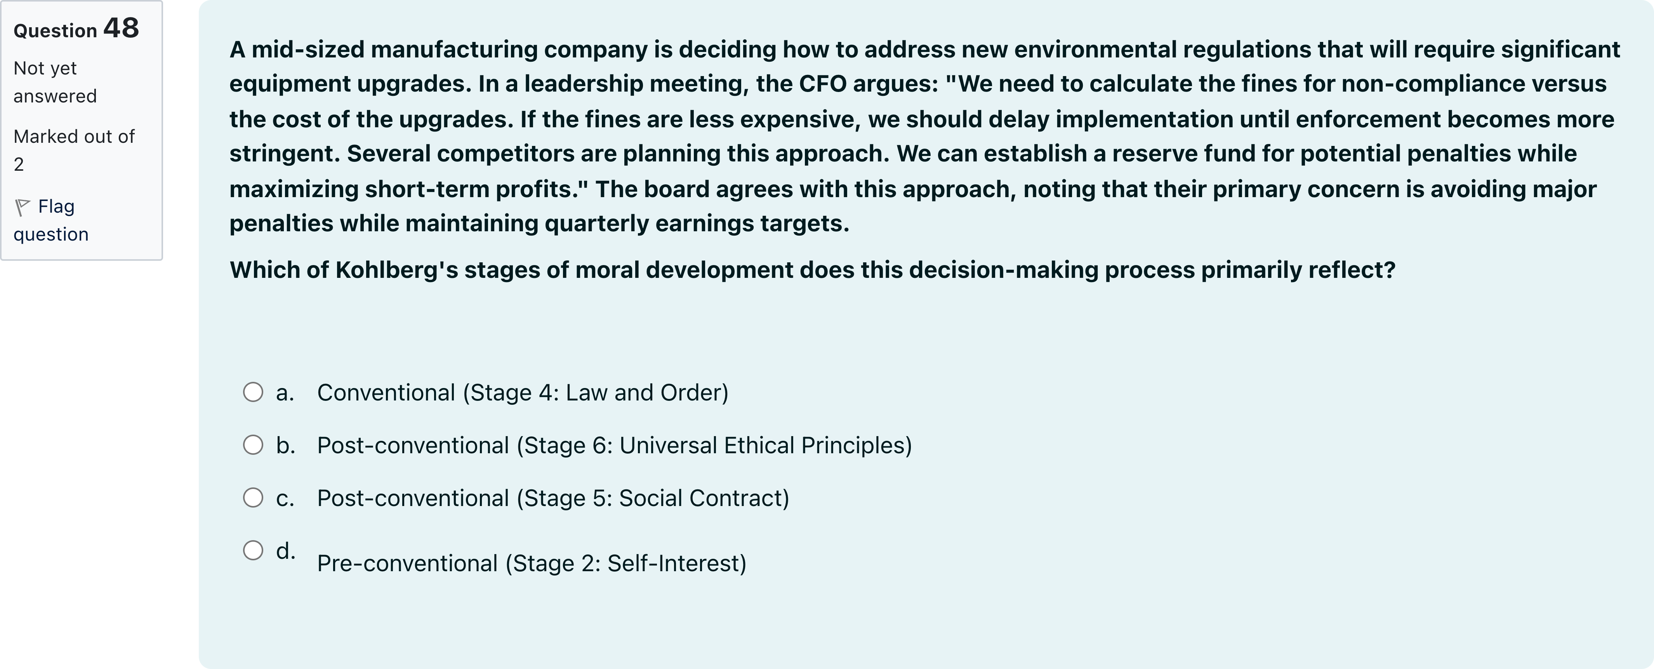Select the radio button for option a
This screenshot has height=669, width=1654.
pyautogui.click(x=253, y=392)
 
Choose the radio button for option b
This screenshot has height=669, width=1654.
pyautogui.click(x=253, y=445)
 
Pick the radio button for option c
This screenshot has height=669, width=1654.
pyautogui.click(x=253, y=497)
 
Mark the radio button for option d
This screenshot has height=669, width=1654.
pyautogui.click(x=253, y=550)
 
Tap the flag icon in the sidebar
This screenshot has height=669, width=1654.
pyautogui.click(x=23, y=207)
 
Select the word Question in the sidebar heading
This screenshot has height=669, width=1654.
pyautogui.click(x=55, y=31)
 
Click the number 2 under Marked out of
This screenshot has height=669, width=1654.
pyautogui.click(x=19, y=165)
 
